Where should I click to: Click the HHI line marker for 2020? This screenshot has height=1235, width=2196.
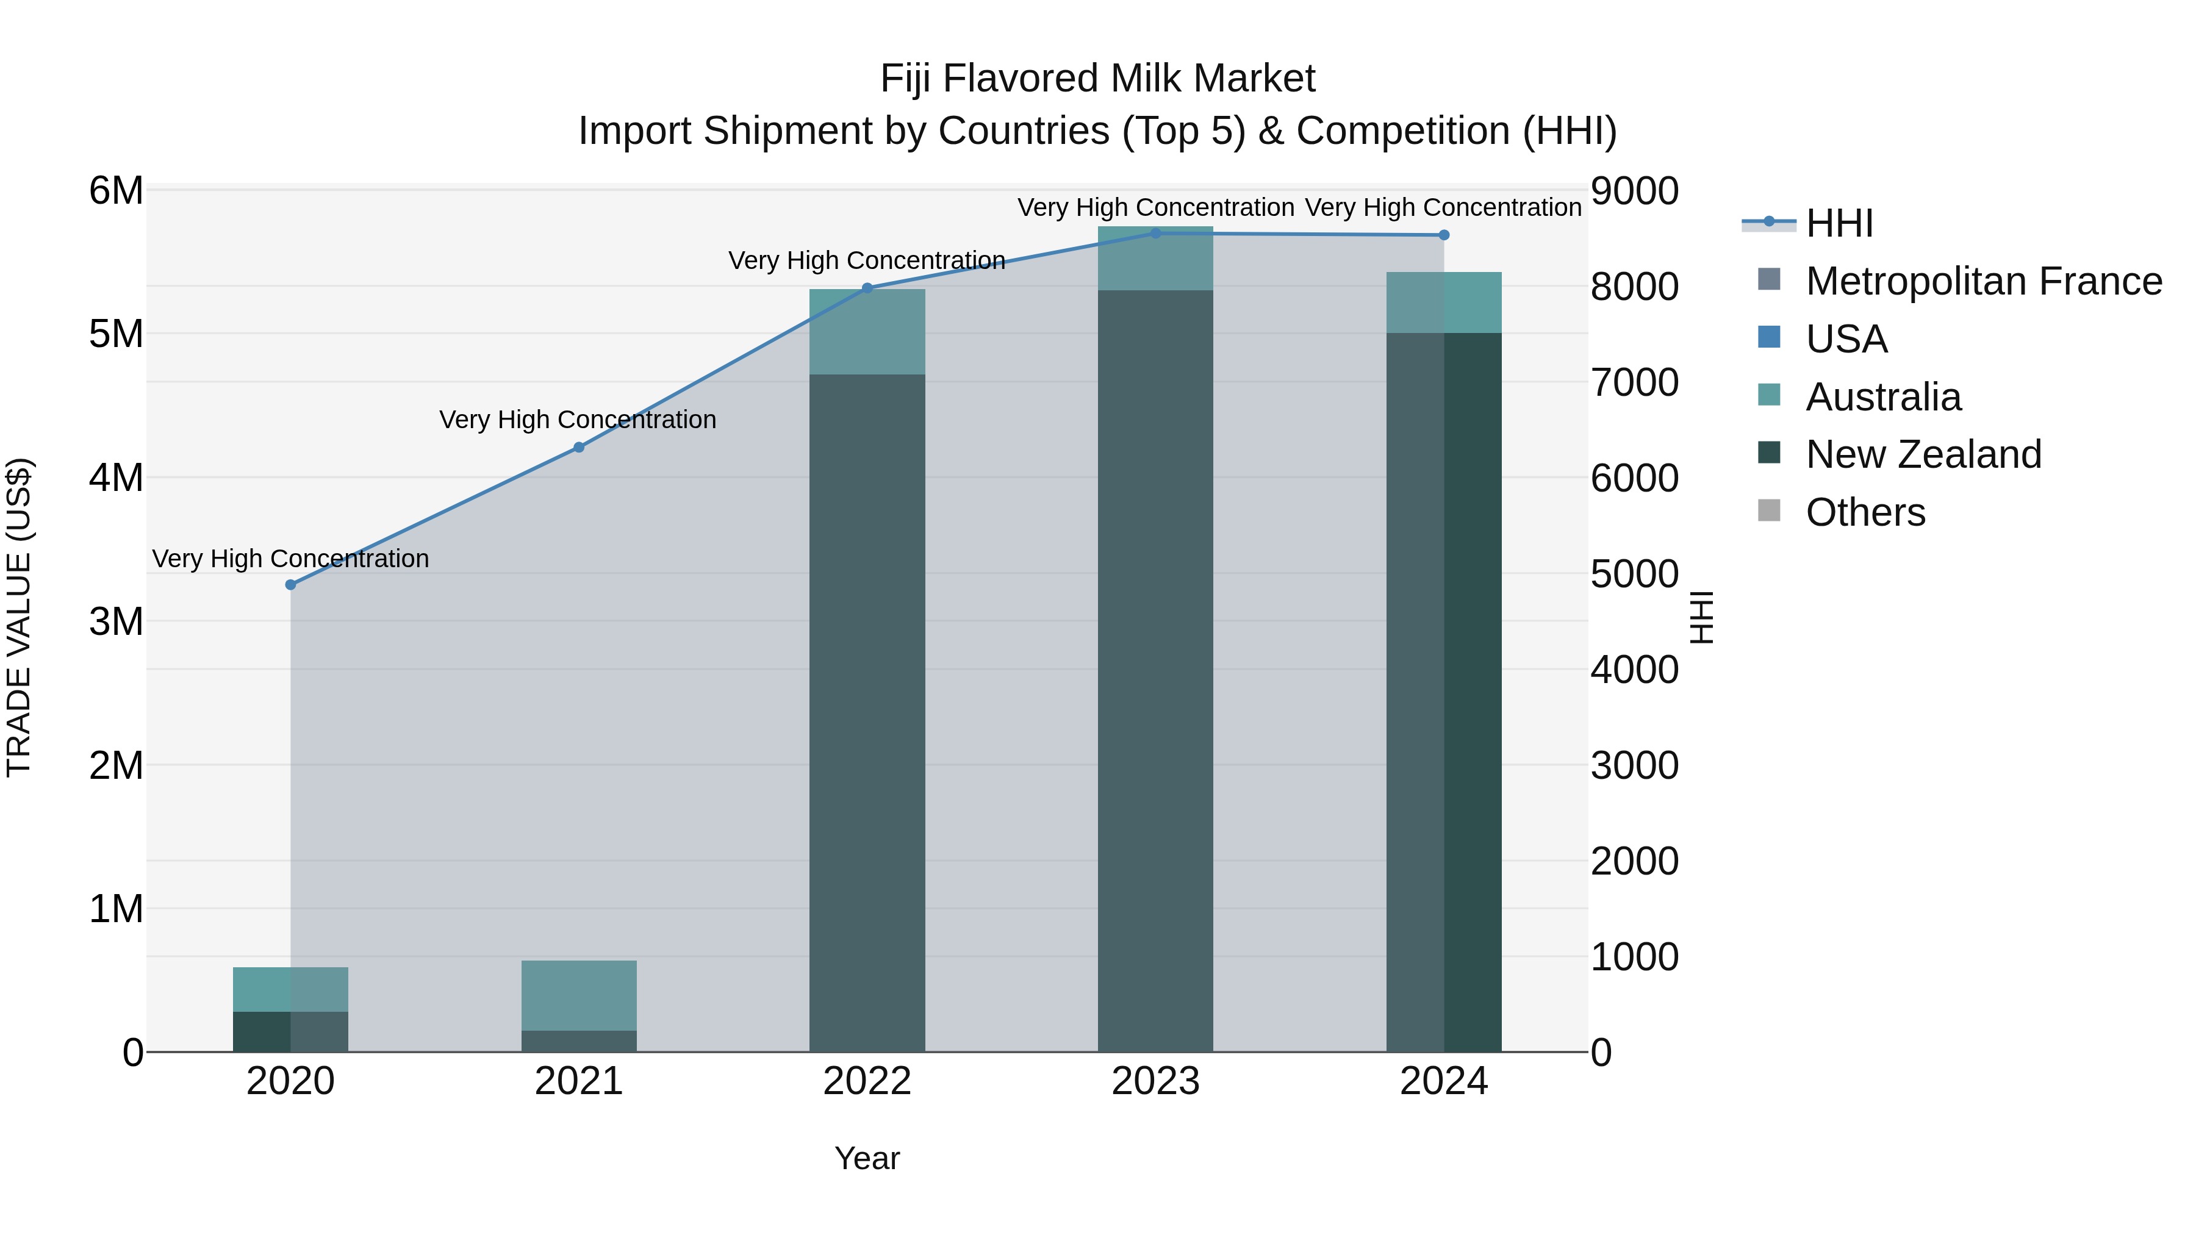291,585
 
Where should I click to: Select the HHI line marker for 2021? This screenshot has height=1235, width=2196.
579,448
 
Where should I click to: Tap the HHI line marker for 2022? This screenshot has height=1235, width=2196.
867,288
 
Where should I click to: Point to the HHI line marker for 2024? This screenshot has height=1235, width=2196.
1444,235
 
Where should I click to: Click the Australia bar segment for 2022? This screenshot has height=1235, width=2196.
867,332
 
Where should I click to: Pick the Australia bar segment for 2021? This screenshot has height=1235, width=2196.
579,995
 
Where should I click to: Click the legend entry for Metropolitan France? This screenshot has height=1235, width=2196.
1983,281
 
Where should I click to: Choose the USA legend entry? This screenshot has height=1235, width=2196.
1846,339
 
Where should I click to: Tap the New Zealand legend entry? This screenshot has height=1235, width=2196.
1923,454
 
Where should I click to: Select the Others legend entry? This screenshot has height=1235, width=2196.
1865,512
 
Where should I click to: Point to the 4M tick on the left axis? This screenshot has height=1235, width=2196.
116,478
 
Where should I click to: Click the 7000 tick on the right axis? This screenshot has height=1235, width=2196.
1634,382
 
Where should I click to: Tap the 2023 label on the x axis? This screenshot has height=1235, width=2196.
1155,1081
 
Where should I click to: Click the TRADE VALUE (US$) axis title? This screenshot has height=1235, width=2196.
20,617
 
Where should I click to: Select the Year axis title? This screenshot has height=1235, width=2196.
867,1158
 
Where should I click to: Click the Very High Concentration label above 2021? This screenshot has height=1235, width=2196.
578,420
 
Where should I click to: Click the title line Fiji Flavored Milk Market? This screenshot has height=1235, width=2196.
1097,79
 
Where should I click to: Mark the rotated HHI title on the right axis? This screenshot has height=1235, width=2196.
1701,617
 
